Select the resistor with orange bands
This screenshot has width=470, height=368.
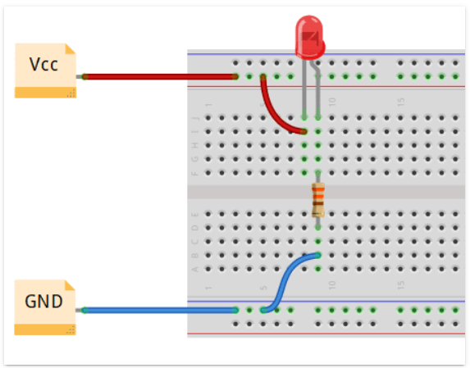(x=318, y=200)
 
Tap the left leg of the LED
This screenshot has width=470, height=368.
(x=304, y=90)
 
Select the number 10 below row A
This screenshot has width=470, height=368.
(x=332, y=286)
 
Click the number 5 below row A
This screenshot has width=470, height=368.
(x=263, y=286)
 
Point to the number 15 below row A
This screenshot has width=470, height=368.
(x=401, y=286)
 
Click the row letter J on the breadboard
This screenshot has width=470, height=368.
(x=194, y=117)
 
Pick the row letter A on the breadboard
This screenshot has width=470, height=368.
(x=194, y=269)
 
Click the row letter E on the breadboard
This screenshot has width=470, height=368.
(x=194, y=214)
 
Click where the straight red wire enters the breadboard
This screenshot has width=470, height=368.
(x=235, y=76)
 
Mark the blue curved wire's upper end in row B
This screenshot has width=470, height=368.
(x=317, y=255)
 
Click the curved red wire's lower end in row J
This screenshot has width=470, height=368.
(x=303, y=131)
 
